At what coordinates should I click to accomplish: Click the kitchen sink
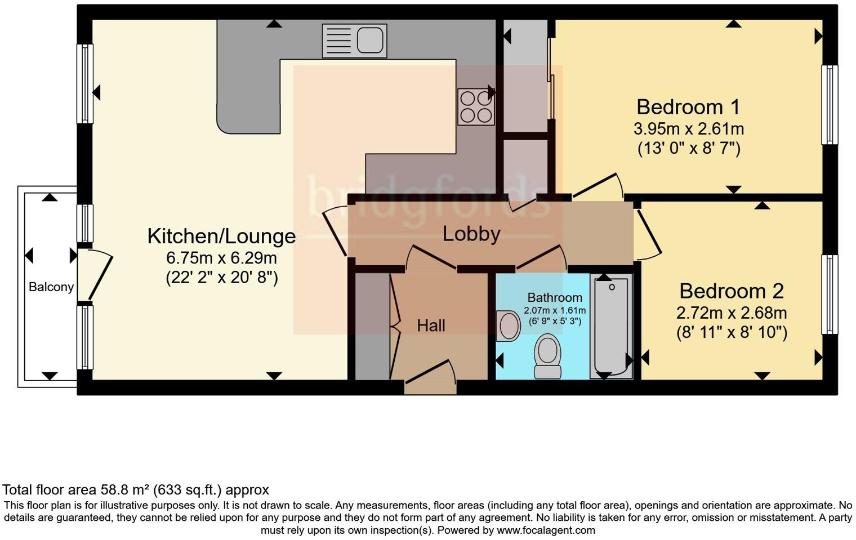coord(354,41)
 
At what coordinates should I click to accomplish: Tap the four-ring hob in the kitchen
coord(475,107)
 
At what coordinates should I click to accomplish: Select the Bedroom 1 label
coord(688,106)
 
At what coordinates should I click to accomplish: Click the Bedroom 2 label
coord(731,291)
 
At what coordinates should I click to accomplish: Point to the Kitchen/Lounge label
coord(221,236)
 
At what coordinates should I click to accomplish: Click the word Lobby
coord(471,234)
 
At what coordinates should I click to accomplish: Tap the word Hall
coord(431,325)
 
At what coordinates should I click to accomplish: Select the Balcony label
coord(51,287)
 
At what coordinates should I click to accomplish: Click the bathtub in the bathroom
coord(611,325)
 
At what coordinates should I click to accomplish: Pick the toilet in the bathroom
coord(547,356)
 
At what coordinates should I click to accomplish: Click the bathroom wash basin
coord(509,325)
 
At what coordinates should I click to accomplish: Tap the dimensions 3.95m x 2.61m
coord(688,129)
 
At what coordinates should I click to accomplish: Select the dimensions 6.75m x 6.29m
coord(221,258)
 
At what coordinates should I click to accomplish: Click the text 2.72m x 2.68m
coord(731,313)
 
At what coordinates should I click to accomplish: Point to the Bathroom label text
coord(554,297)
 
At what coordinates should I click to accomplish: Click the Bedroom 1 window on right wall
coord(829,105)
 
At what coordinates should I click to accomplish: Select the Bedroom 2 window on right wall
coord(829,294)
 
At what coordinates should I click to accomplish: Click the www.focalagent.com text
coord(546,530)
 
